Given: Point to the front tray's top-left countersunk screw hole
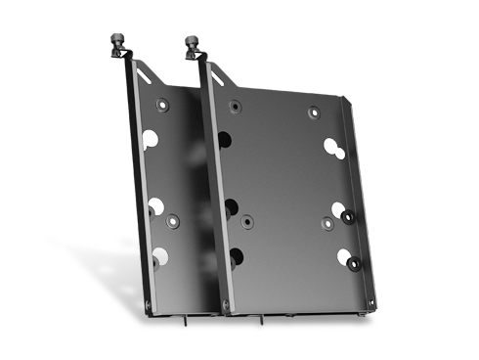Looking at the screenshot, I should click(233, 105).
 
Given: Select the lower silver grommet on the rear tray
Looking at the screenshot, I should click(154, 204).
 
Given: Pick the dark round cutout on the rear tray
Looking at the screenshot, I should click(159, 257).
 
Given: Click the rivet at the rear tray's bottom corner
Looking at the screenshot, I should click(149, 305).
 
